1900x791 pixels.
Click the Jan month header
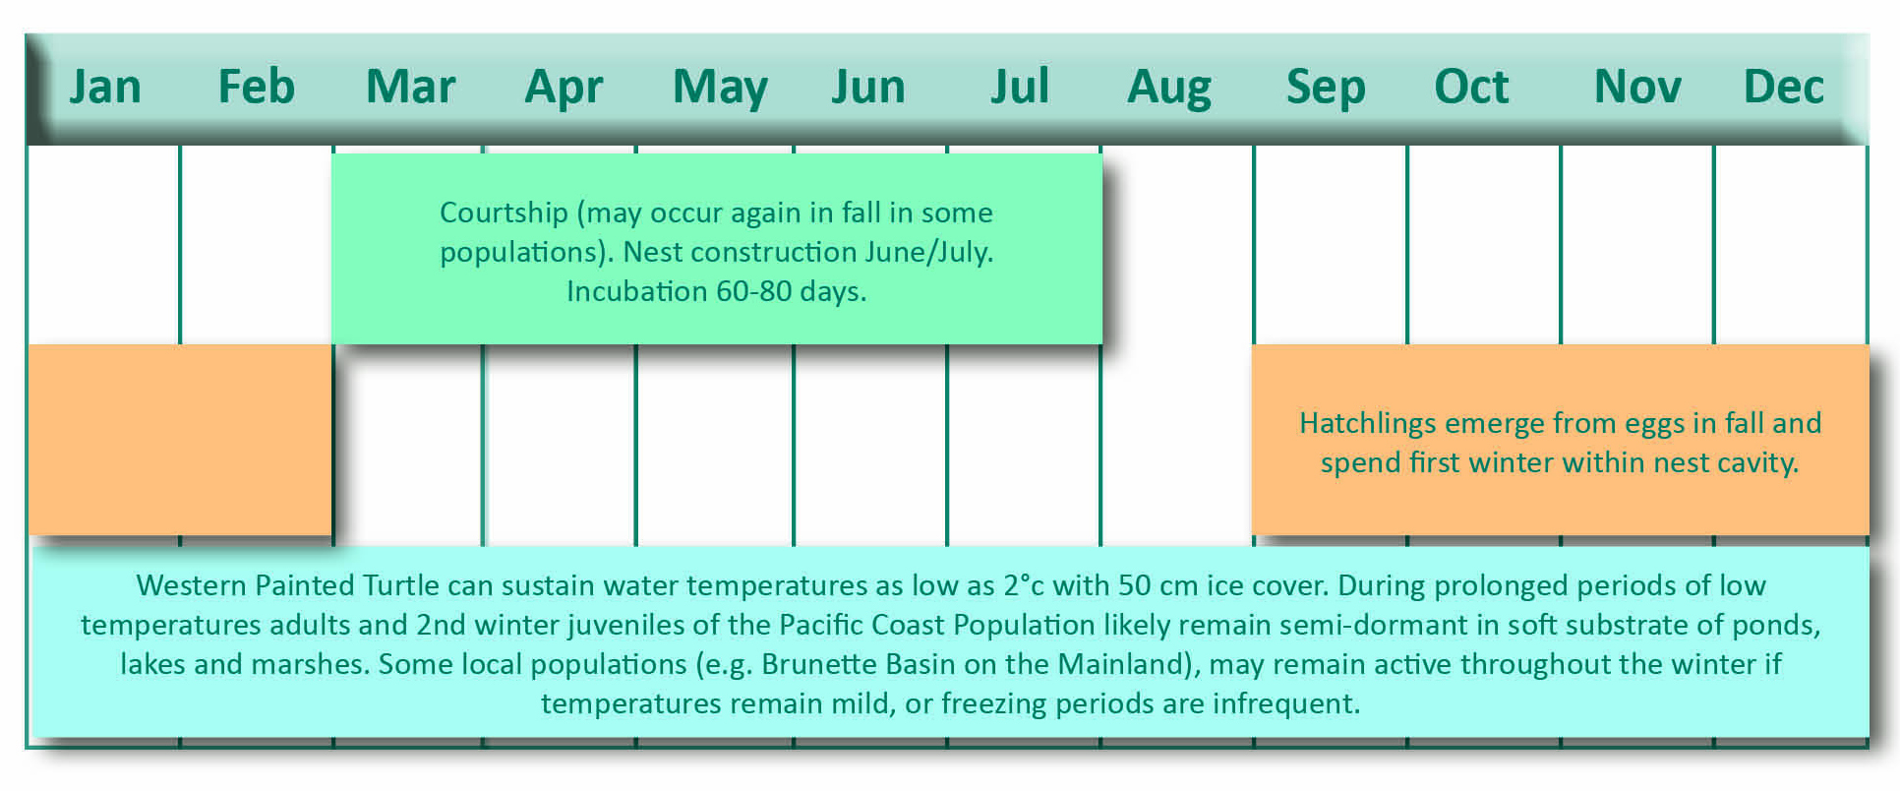point(105,87)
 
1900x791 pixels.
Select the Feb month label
point(256,87)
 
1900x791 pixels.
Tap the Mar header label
point(410,87)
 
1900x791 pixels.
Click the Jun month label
point(868,87)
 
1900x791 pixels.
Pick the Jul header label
point(1020,87)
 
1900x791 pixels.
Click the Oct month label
point(1471,87)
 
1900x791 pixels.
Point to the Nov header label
point(1637,87)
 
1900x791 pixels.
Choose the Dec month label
point(1783,87)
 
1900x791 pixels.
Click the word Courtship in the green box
point(504,213)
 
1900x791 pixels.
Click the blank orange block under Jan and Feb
point(180,440)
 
